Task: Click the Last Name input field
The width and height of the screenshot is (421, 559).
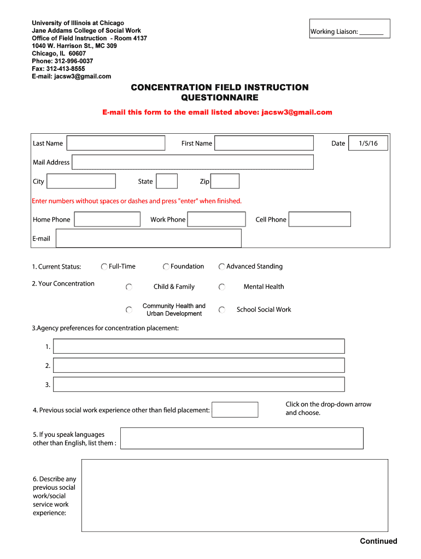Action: coord(115,143)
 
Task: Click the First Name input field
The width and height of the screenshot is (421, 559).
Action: coord(264,143)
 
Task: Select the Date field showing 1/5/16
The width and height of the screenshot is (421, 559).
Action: coord(368,143)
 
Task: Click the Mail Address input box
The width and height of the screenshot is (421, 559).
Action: coord(192,162)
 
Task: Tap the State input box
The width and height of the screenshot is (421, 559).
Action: coord(167,181)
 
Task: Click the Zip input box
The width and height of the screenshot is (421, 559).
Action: coord(225,181)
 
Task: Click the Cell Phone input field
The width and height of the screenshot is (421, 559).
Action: coord(320,219)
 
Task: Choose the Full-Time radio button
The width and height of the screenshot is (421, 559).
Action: coord(104,266)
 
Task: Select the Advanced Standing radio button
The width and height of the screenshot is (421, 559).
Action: coord(222,266)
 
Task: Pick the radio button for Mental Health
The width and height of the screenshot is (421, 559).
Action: coord(222,287)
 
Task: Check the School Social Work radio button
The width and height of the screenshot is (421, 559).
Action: coord(222,310)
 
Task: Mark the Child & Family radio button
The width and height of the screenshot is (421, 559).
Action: coord(129,287)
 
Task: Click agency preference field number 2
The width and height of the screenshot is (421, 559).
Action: coord(199,365)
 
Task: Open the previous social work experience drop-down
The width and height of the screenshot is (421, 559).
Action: coord(235,409)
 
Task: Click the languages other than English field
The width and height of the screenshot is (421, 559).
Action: coord(242,438)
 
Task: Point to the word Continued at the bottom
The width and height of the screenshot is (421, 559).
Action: coord(378,541)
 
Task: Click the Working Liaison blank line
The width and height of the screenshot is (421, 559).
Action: coord(372,32)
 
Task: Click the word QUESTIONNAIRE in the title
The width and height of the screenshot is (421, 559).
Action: coord(219,98)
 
